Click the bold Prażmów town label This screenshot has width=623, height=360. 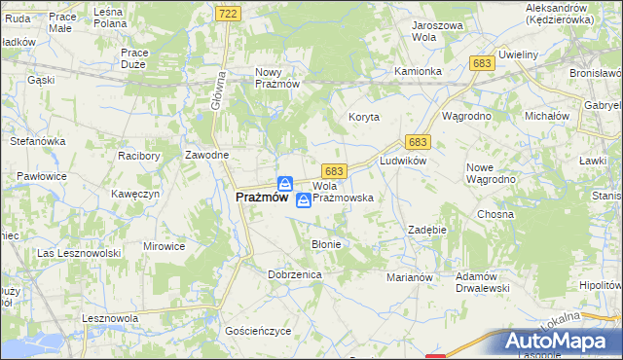262,197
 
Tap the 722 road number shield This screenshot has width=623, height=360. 228,13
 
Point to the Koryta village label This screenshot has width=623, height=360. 364,117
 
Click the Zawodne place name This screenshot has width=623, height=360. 207,156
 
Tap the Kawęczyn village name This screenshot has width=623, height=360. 135,194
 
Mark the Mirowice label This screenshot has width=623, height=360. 164,246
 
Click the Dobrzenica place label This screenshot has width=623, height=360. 295,275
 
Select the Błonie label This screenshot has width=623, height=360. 326,244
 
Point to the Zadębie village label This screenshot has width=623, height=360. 426,230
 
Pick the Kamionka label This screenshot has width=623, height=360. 419,72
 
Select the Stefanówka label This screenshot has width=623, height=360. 37,141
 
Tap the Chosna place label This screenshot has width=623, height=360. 495,214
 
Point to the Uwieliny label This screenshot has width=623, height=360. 518,54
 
